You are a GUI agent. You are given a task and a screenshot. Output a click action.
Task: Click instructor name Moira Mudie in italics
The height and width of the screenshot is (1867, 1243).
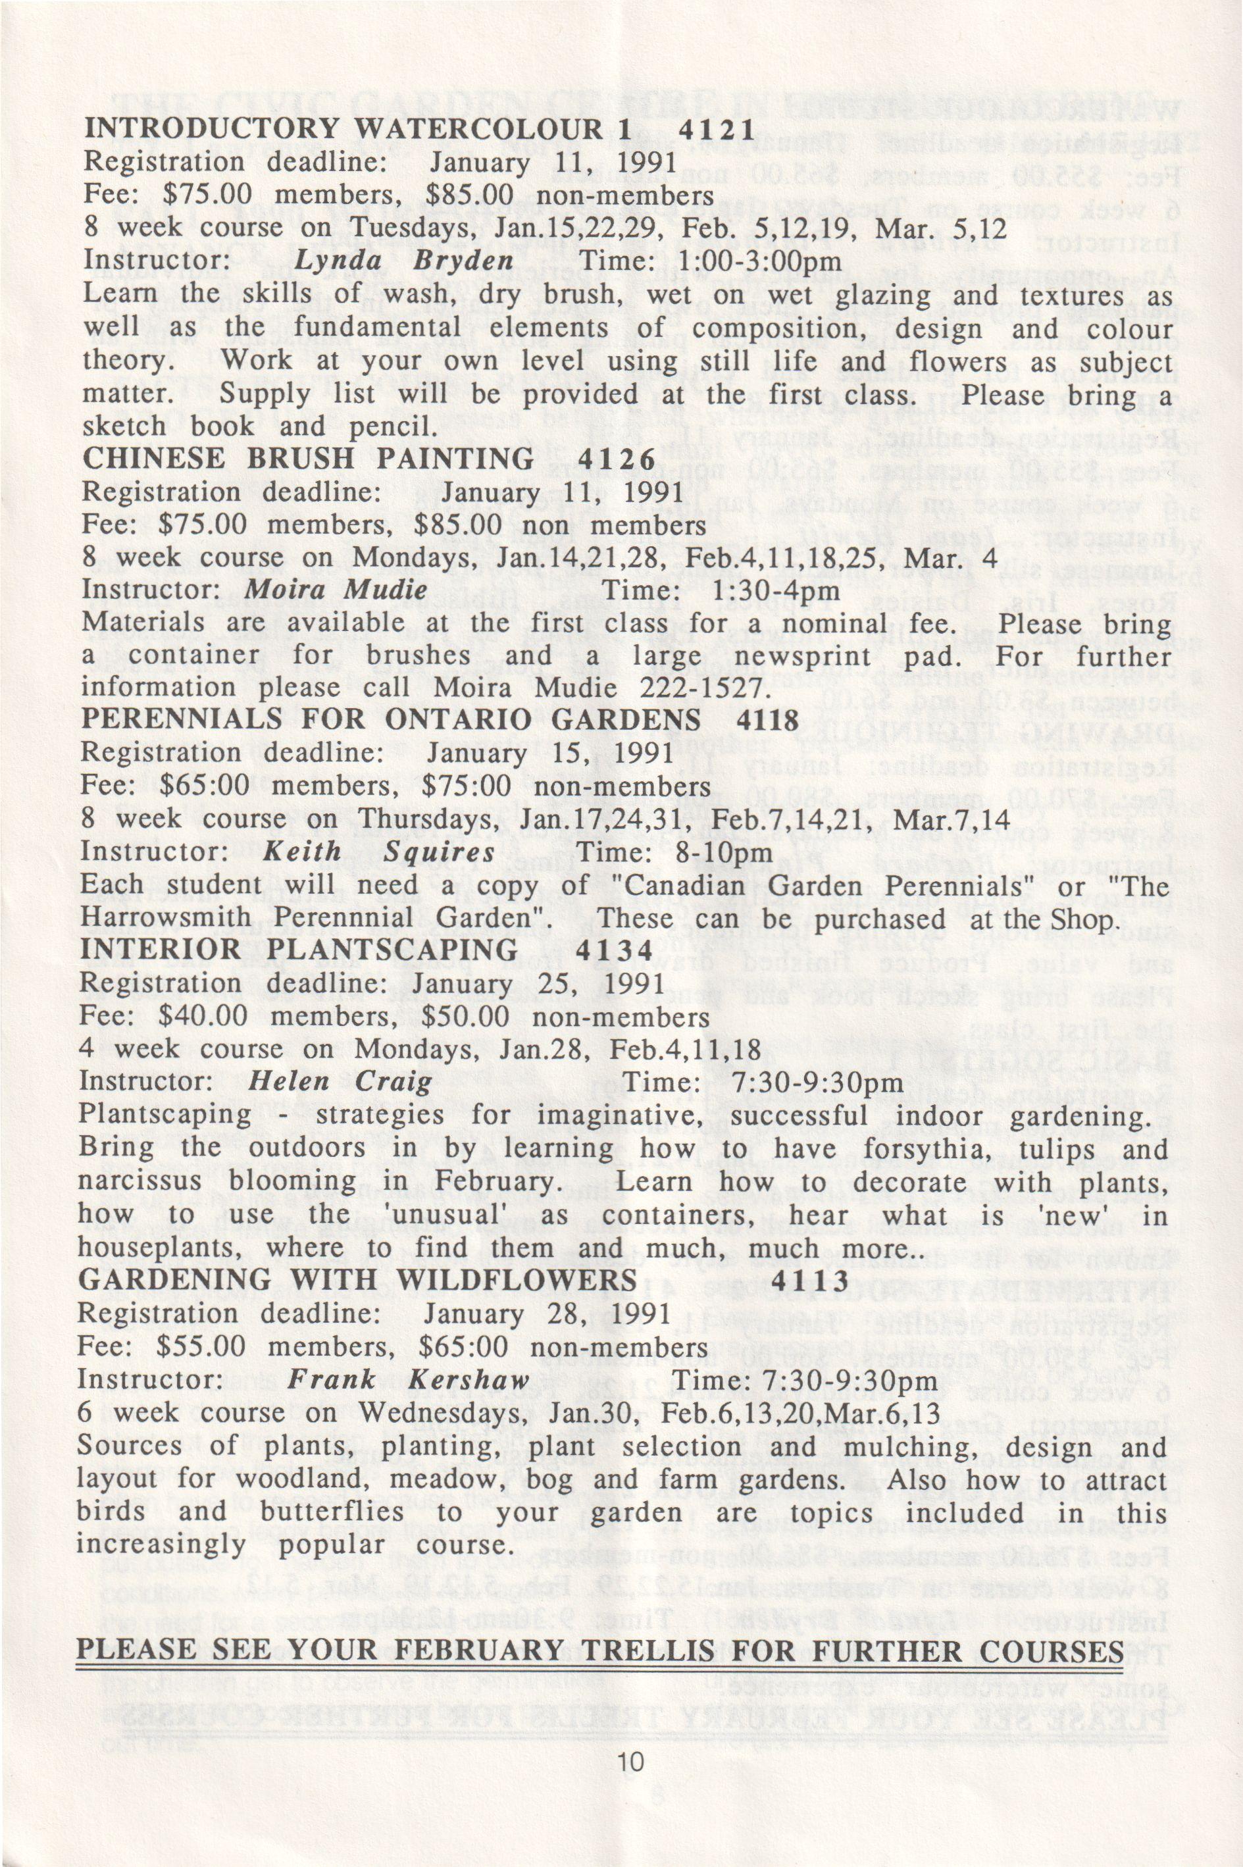337,589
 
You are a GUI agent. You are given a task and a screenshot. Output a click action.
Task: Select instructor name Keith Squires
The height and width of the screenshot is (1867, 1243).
379,852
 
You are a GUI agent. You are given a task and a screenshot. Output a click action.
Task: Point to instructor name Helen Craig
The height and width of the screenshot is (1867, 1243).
341,1082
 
